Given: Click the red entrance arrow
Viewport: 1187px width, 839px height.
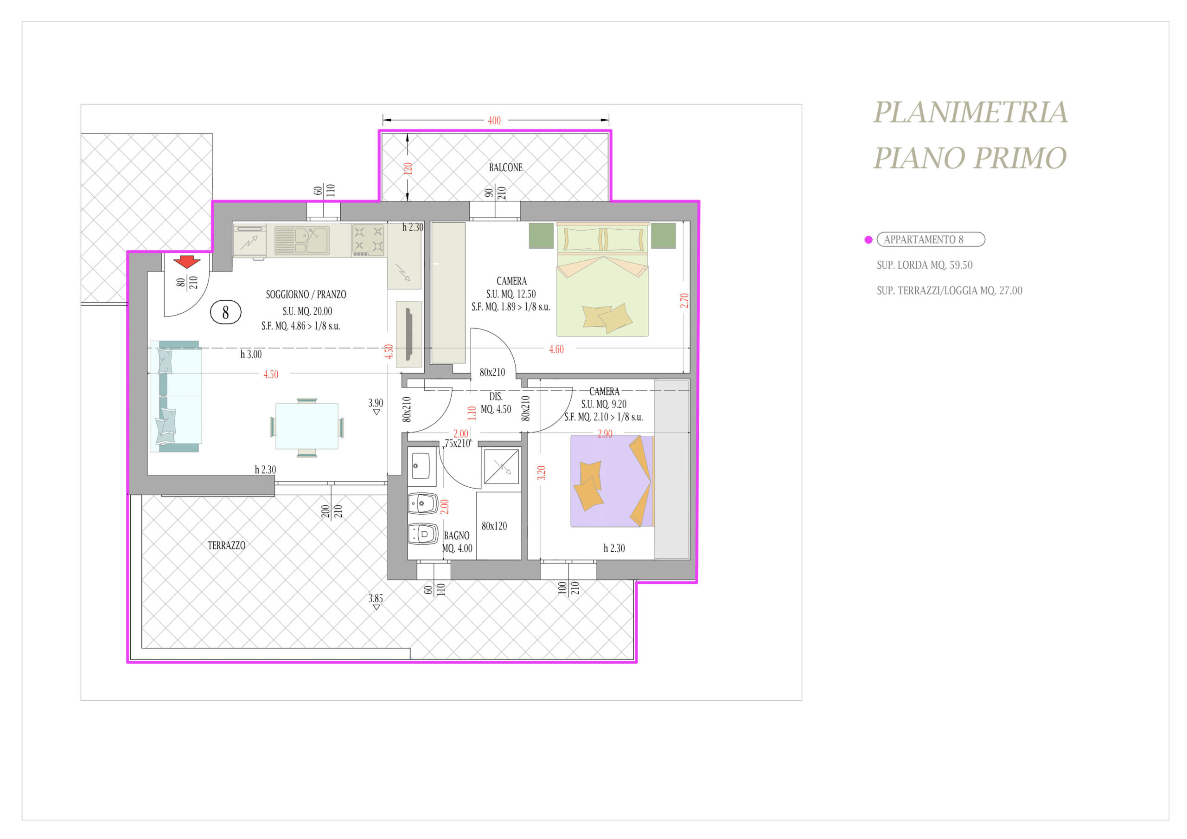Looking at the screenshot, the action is pyautogui.click(x=187, y=262).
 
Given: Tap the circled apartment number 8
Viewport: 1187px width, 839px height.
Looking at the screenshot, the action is pyautogui.click(x=225, y=312).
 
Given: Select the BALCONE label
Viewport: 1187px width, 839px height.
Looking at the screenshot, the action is pyautogui.click(x=505, y=168).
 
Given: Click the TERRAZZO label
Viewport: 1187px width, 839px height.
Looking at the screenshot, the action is pyautogui.click(x=226, y=545).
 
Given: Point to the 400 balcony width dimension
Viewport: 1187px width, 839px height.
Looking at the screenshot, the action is pyautogui.click(x=494, y=121).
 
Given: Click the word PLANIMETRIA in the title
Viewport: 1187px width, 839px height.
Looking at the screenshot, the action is pyautogui.click(x=970, y=112).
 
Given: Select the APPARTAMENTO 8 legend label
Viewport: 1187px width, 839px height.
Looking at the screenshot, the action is pyautogui.click(x=923, y=239).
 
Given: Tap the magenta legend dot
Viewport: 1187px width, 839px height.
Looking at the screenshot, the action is pyautogui.click(x=868, y=239).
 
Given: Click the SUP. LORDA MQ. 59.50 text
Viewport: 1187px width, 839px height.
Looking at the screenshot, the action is pyautogui.click(x=925, y=265).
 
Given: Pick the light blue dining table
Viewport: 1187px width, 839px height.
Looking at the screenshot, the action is pyautogui.click(x=306, y=426).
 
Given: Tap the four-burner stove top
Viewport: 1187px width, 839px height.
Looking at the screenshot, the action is pyautogui.click(x=368, y=239).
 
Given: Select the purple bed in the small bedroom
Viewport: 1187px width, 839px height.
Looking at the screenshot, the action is pyautogui.click(x=612, y=481).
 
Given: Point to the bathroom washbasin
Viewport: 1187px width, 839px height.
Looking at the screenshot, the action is pyautogui.click(x=421, y=466).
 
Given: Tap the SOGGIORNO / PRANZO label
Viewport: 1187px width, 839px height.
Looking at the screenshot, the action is pyautogui.click(x=306, y=294).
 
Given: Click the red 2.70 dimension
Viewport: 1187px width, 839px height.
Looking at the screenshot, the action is pyautogui.click(x=684, y=301).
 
